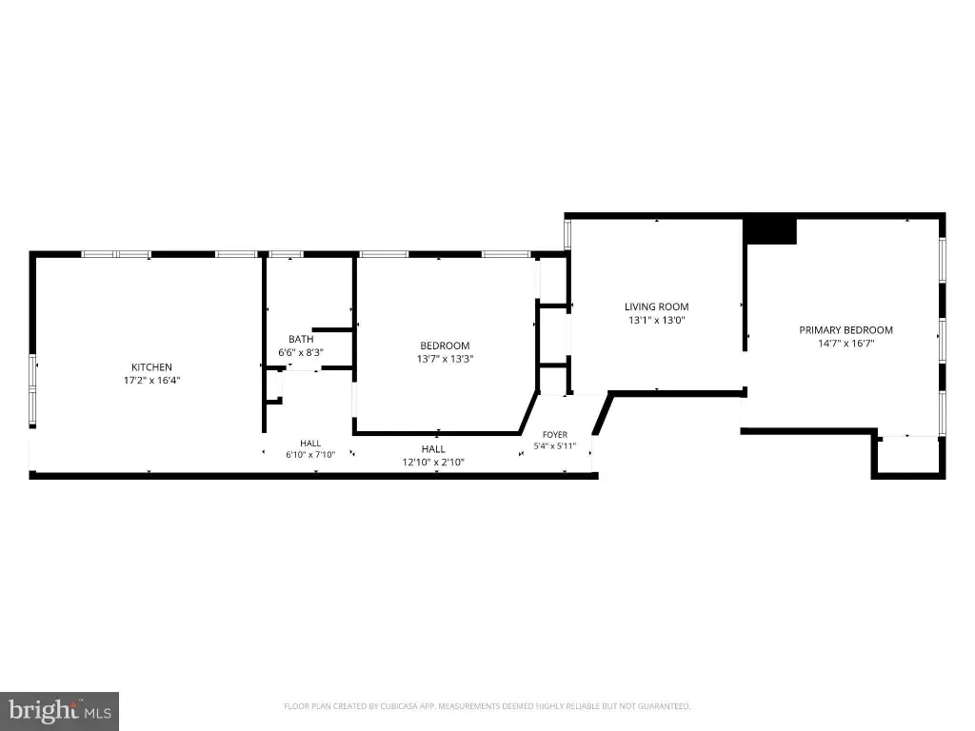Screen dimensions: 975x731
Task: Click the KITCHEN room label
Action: (x=151, y=367)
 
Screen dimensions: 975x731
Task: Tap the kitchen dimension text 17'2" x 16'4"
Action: (x=151, y=381)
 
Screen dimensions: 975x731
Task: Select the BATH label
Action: (x=301, y=340)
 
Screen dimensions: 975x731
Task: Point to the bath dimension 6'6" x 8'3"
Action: (x=301, y=352)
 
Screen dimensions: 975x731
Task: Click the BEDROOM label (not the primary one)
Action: (x=445, y=346)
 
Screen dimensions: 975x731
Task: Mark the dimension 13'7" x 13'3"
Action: (x=445, y=359)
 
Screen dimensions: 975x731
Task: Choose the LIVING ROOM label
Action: (x=657, y=306)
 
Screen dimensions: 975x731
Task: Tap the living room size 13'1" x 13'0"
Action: (x=657, y=320)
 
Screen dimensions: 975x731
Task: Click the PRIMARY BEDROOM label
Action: (x=846, y=330)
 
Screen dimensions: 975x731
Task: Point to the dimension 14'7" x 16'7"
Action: (x=846, y=343)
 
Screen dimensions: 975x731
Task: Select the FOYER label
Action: (x=555, y=435)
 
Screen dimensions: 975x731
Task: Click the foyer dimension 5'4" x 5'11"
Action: (x=555, y=445)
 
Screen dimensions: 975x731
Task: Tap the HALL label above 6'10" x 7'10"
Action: (x=310, y=444)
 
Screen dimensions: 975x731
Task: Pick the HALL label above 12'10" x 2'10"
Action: (x=433, y=449)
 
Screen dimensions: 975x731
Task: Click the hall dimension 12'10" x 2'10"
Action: (x=433, y=463)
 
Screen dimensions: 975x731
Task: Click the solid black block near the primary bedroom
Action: (x=770, y=230)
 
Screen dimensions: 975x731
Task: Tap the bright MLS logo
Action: (x=59, y=711)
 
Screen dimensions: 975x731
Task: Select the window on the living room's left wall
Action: (x=567, y=234)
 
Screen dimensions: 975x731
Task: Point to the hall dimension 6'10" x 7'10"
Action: (x=310, y=454)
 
